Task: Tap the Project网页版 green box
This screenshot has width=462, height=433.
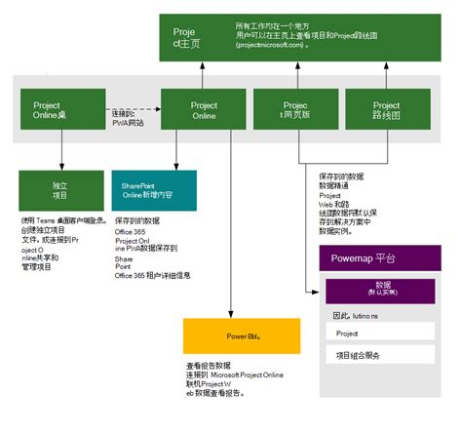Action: [293, 111]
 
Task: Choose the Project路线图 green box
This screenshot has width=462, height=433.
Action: [386, 111]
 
